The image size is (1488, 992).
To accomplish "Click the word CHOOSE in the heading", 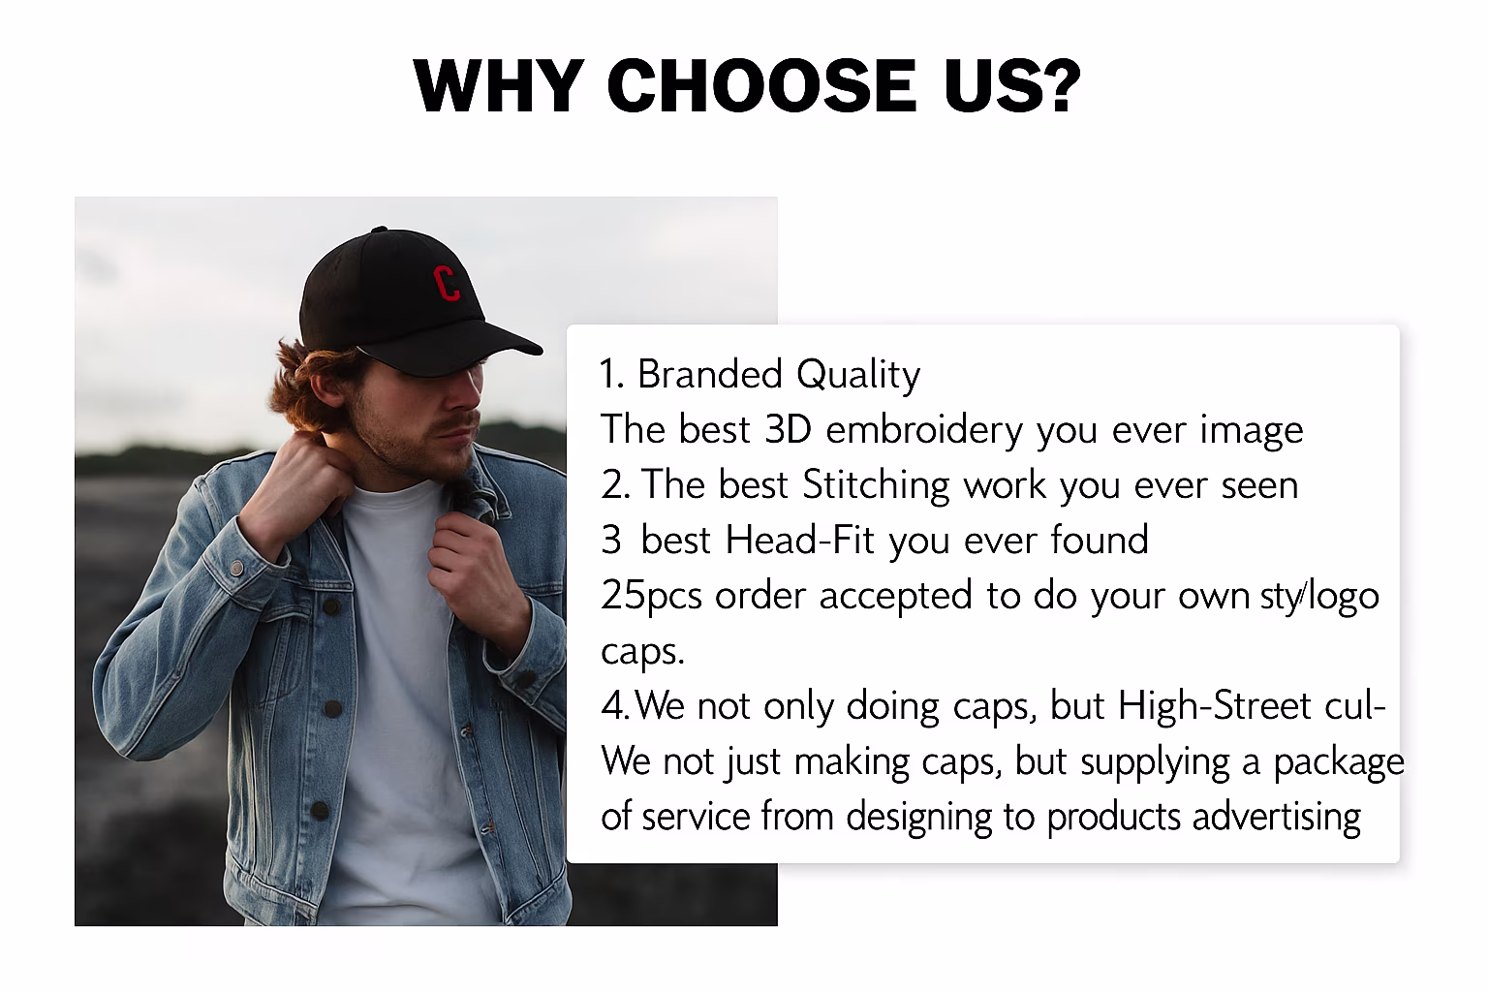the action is [761, 85].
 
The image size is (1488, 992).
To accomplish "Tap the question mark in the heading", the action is [1058, 85].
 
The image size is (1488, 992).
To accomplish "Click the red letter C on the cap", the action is [447, 283].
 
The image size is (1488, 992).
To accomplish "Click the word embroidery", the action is [924, 430].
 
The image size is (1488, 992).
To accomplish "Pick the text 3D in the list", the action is [789, 429].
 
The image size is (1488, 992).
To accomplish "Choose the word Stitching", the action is [876, 485].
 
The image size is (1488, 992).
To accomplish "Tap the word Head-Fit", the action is [799, 540].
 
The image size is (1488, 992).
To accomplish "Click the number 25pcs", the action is [651, 596].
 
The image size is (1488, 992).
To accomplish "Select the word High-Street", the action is [1214, 705].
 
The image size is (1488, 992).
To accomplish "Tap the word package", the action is [1339, 762].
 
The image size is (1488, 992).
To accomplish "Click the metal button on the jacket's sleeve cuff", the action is [237, 568].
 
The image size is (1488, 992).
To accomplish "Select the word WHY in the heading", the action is [498, 85].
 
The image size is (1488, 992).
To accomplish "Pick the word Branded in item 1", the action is [709, 374].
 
